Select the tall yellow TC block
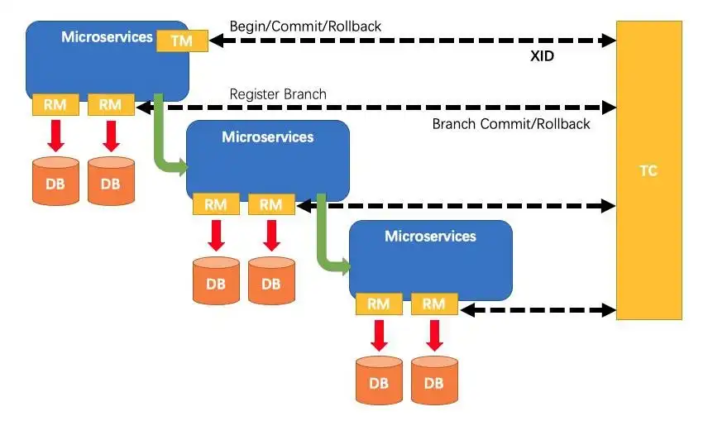point(649,170)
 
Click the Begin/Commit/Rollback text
point(305,26)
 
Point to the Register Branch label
point(278,93)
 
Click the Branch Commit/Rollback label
point(511,124)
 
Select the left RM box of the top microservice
point(55,104)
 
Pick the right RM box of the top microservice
point(110,104)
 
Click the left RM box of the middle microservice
point(216,205)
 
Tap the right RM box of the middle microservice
point(270,205)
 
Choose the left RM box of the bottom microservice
point(379,304)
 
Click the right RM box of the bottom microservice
point(433,304)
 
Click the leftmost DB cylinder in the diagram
point(55,182)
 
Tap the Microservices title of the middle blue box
point(268,137)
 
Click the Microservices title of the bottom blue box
point(430,237)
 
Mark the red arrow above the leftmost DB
point(55,135)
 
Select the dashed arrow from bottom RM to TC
point(538,310)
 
